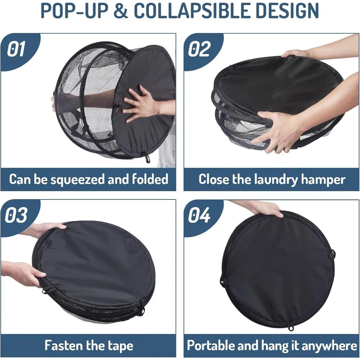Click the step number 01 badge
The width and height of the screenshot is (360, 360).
coord(17,49)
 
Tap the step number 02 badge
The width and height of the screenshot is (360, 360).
coord(199,49)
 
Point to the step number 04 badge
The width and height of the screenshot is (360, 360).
coord(199,215)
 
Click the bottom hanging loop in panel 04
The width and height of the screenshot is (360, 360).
coord(290,328)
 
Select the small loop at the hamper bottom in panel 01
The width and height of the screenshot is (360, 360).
coord(147,158)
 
